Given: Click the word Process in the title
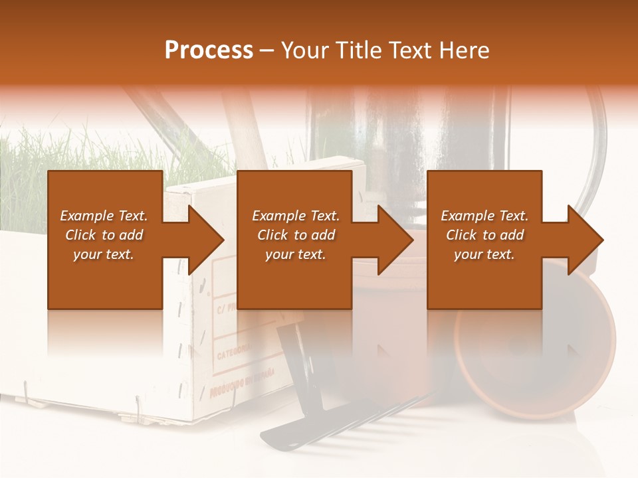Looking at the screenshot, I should click(209, 50).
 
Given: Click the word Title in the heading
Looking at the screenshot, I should click(356, 50).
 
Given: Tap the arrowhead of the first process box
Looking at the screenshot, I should click(206, 240).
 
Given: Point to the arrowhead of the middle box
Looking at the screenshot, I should click(395, 240).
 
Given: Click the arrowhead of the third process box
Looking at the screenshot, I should click(585, 240).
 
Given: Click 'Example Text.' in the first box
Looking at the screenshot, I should click(104, 216).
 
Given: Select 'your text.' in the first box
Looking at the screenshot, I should click(104, 254).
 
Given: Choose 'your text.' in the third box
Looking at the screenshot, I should click(484, 254).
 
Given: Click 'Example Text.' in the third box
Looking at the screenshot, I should click(484, 216).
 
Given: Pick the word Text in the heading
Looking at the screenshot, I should click(409, 50).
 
